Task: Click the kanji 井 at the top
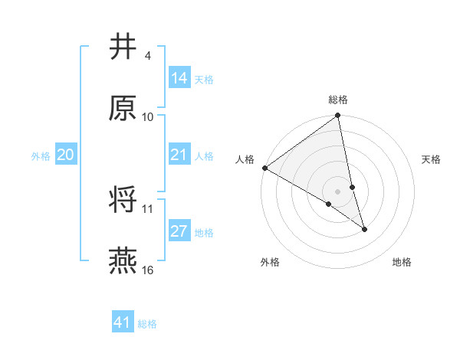(x=123, y=47)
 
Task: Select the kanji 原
(x=123, y=108)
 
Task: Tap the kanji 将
(x=123, y=201)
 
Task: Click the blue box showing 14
(x=179, y=78)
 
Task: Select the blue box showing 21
(x=179, y=155)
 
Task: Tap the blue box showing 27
(x=179, y=232)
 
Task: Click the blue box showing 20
(x=65, y=155)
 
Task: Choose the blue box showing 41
(x=123, y=323)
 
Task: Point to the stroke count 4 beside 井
(x=148, y=56)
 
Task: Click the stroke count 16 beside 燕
(x=149, y=270)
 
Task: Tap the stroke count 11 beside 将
(x=148, y=208)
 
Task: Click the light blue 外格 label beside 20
(x=41, y=156)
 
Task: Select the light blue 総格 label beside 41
(x=147, y=324)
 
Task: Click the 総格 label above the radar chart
(x=338, y=100)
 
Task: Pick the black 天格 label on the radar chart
(x=432, y=159)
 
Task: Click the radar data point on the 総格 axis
(x=338, y=116)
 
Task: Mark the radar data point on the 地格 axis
(x=364, y=229)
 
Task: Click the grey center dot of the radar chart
(x=338, y=191)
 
